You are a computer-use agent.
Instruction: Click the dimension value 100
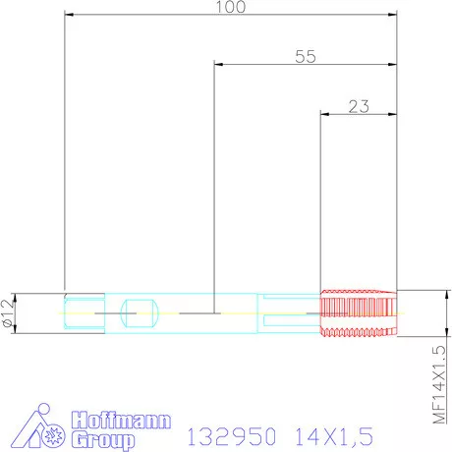click(x=230, y=7)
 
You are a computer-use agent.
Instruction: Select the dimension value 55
click(x=306, y=56)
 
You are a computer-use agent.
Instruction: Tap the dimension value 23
click(x=359, y=106)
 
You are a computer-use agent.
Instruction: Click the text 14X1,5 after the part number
click(x=325, y=434)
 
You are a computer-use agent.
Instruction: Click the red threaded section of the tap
click(x=360, y=313)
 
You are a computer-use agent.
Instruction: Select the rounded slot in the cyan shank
click(x=139, y=313)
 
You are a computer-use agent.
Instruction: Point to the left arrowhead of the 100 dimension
click(x=69, y=15)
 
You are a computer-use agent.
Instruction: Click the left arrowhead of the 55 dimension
click(x=219, y=64)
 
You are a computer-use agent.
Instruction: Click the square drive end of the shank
click(x=83, y=313)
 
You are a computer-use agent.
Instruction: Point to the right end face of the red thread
click(x=396, y=313)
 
